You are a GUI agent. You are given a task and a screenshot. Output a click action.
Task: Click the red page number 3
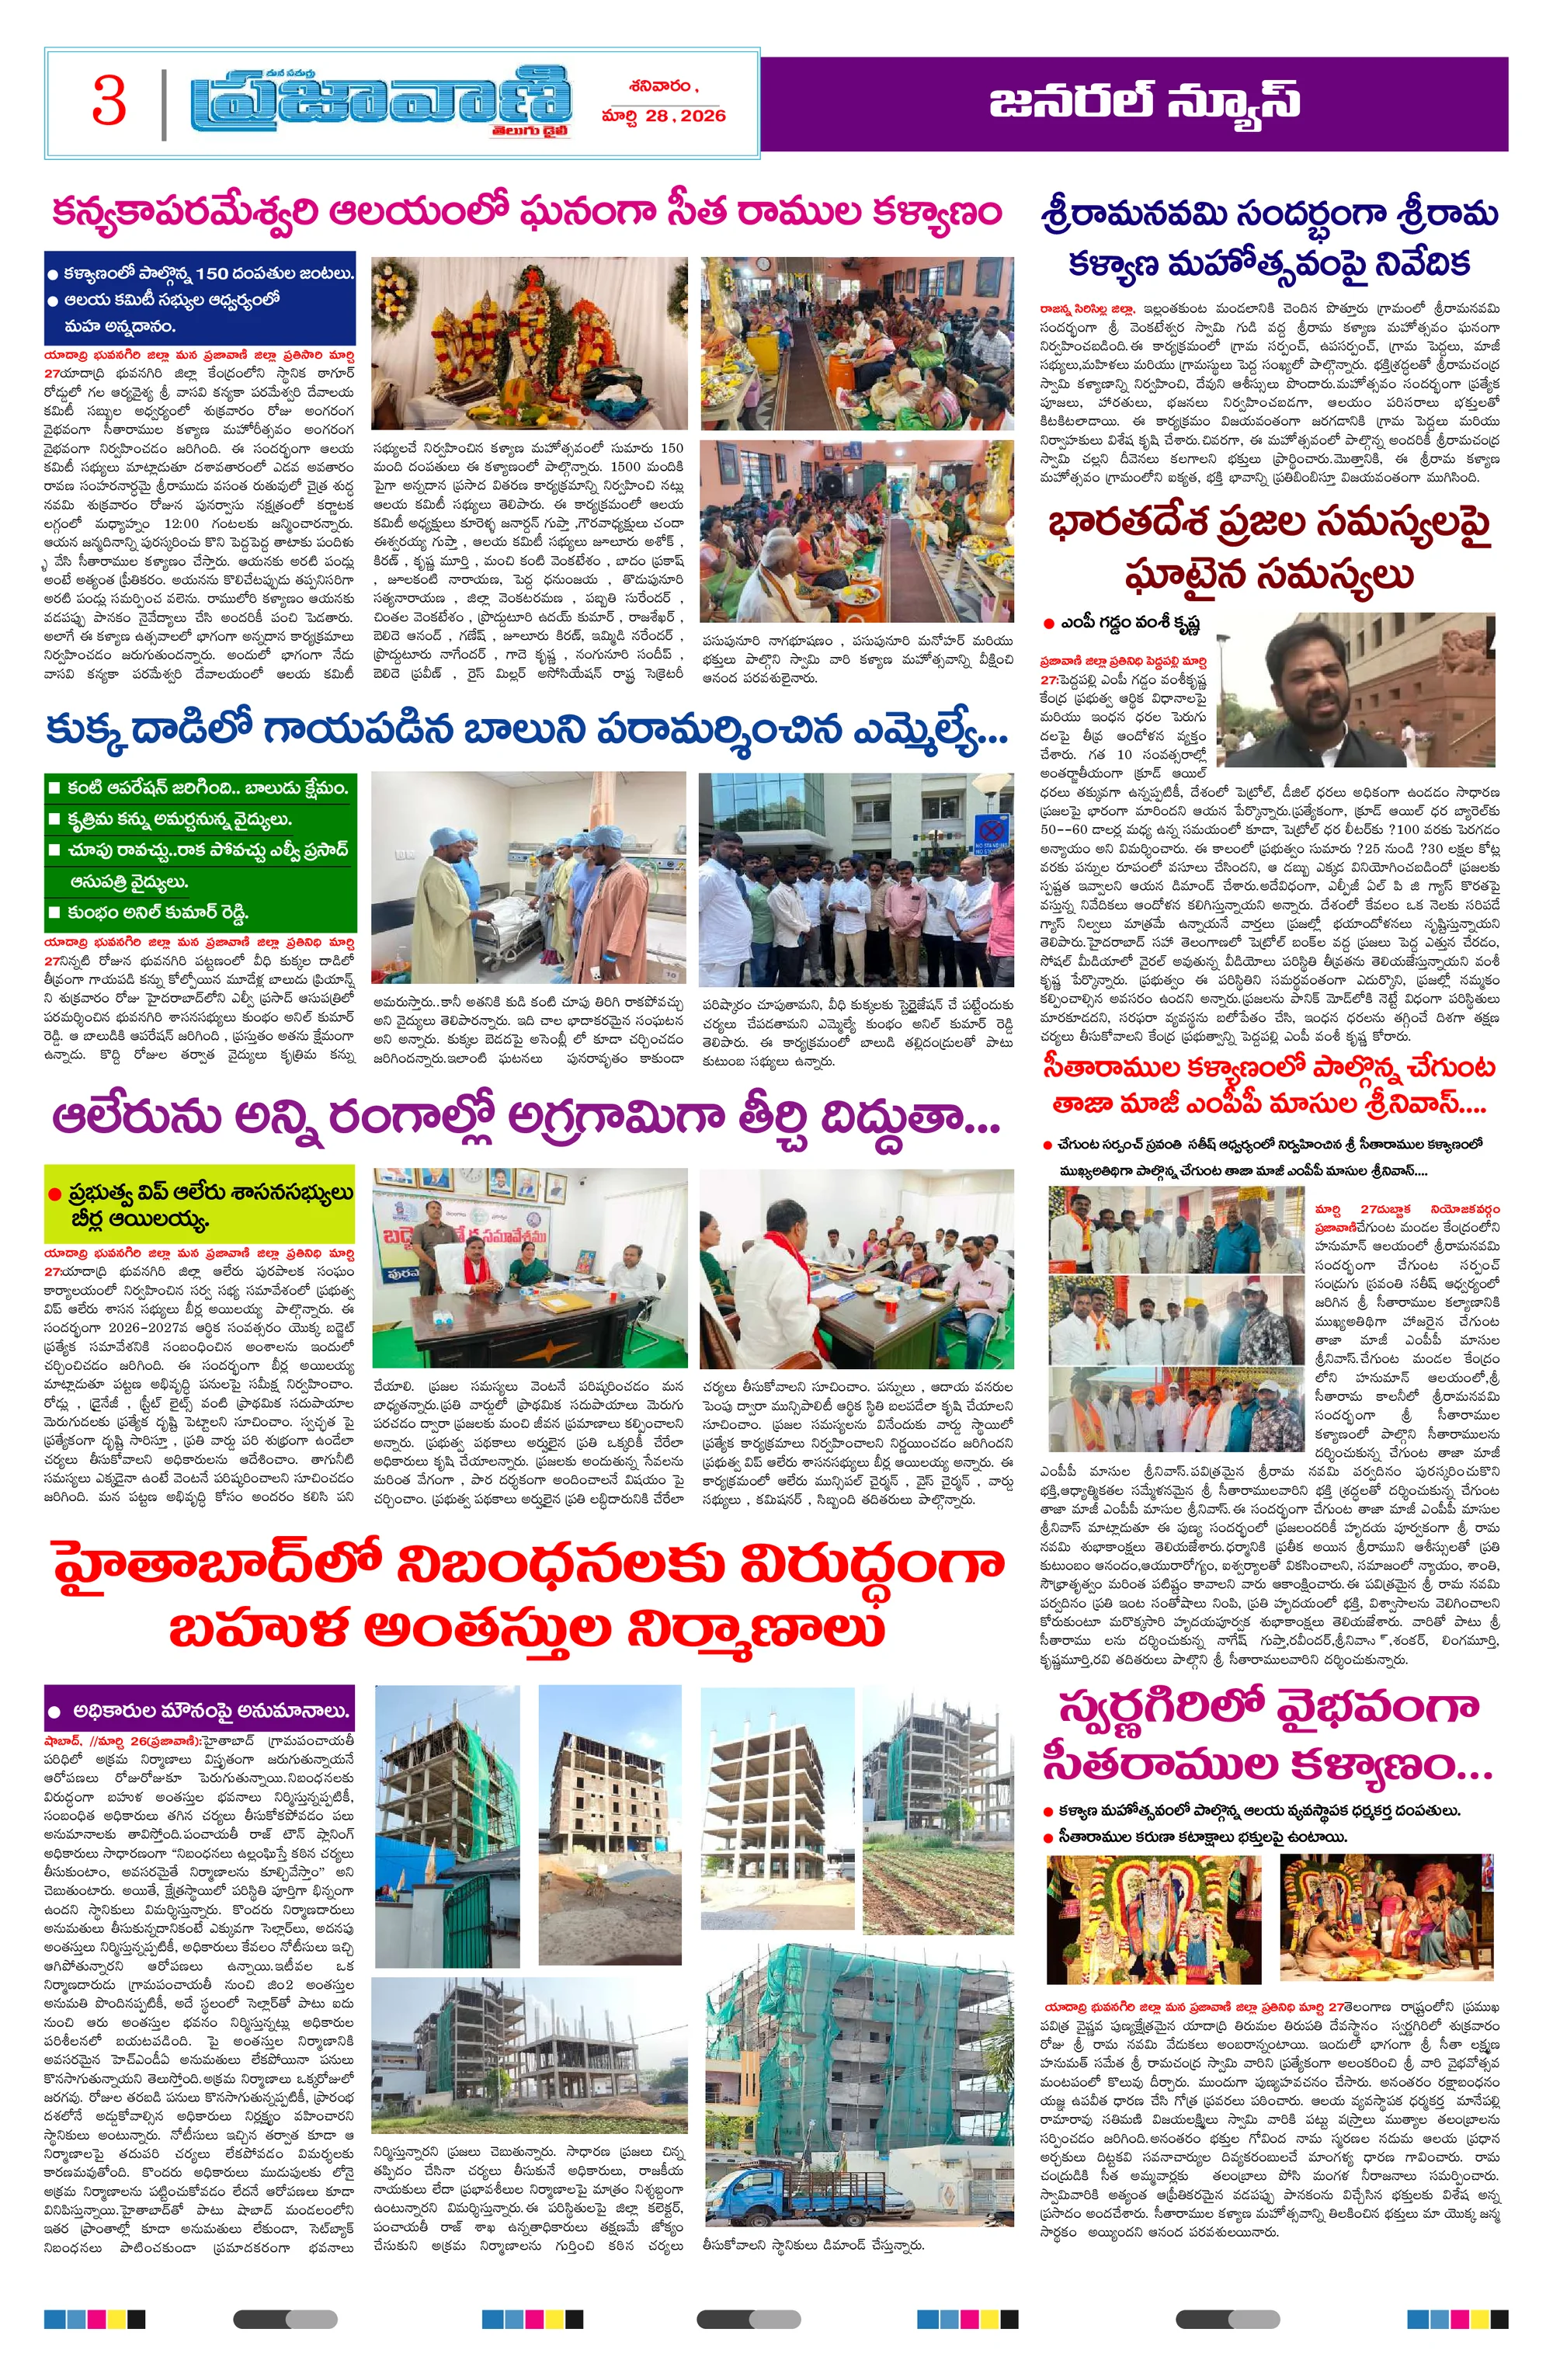[109, 102]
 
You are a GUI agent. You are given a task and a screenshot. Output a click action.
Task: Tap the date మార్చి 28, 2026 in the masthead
[663, 116]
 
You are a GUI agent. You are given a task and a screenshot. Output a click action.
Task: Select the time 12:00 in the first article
[180, 523]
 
